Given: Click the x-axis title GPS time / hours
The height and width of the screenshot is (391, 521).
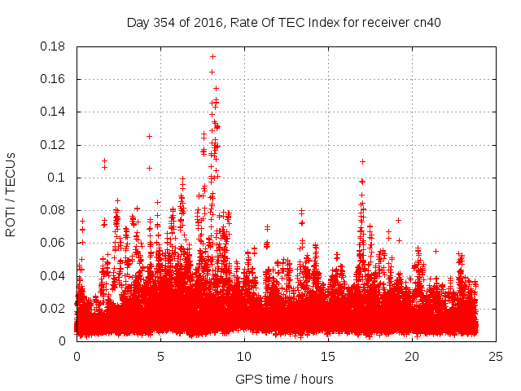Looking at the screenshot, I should point(284,379).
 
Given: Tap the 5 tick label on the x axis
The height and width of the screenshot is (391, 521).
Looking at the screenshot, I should point(160,356).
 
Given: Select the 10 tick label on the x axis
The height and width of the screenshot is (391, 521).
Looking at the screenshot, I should point(244,356).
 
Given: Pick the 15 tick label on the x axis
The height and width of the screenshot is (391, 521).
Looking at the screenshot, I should point(328,356).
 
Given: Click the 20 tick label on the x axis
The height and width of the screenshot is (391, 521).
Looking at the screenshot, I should point(412,356).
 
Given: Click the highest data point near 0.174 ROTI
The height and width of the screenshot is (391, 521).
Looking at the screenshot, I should point(212,57).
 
